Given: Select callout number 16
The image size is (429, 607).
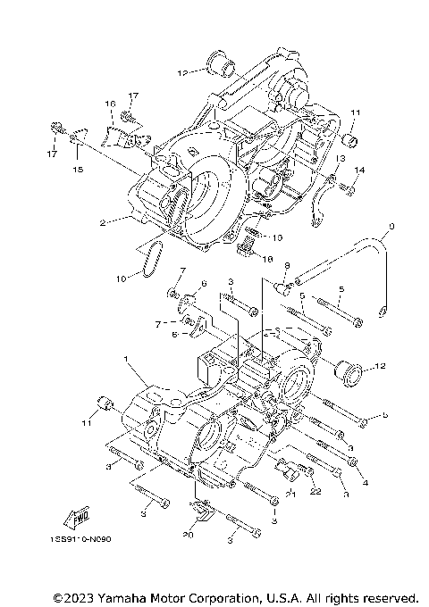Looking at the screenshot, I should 112,104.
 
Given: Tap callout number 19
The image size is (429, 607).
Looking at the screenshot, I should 277,237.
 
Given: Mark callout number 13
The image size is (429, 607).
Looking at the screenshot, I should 340,158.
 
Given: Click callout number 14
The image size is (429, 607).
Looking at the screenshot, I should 359,170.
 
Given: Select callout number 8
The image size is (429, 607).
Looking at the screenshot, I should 287,266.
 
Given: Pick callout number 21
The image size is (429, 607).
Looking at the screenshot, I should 290,493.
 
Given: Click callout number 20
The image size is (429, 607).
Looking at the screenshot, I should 187,536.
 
